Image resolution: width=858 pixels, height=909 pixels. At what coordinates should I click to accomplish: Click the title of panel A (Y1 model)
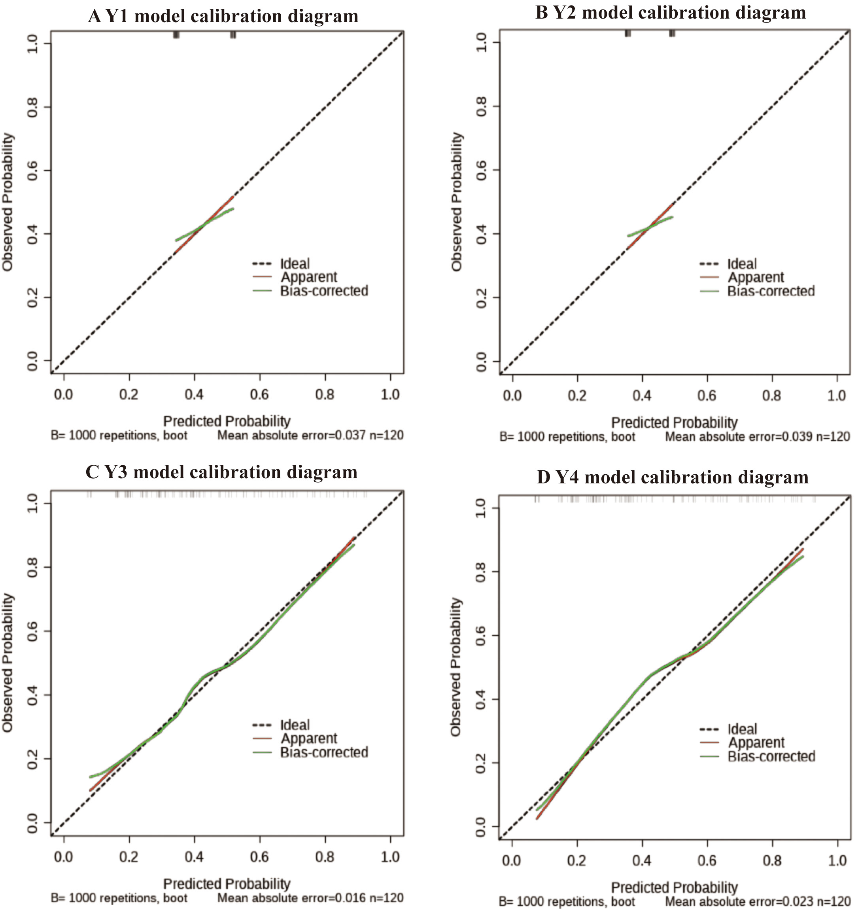(223, 17)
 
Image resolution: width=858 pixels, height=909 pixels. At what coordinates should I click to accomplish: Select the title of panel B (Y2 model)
(671, 13)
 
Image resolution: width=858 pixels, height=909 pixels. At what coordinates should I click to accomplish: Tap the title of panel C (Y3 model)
(221, 473)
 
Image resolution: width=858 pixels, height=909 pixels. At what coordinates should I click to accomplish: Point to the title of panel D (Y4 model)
(672, 477)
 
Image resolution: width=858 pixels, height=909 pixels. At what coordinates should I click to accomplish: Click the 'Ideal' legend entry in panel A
(295, 263)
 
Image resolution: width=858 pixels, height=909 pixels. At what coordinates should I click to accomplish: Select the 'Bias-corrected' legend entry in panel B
(771, 291)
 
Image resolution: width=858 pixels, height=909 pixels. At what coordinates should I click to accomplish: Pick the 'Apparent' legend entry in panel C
(309, 739)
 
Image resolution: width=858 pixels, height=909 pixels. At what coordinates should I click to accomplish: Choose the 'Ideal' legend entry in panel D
(742, 729)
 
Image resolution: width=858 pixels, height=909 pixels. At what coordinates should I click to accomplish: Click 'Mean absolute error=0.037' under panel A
(291, 435)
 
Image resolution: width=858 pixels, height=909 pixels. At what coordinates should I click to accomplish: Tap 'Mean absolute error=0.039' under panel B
(739, 437)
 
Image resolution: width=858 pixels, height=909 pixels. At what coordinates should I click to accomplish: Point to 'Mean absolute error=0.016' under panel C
(291, 898)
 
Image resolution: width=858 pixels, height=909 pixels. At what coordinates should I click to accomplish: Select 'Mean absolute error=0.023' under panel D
(739, 901)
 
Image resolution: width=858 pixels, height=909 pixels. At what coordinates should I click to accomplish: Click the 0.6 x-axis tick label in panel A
(259, 394)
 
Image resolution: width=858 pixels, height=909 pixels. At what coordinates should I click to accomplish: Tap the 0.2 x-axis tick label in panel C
(129, 857)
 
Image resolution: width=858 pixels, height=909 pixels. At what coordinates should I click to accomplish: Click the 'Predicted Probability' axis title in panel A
(227, 421)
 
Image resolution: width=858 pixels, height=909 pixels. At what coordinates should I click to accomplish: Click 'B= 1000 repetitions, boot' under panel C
(119, 898)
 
